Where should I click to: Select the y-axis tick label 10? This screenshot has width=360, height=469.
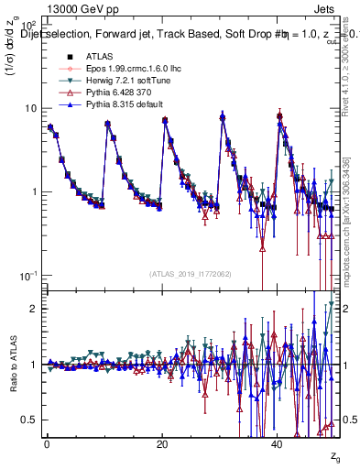30,108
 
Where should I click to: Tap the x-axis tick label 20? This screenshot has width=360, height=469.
162,444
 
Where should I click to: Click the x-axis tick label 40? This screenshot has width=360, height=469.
278,444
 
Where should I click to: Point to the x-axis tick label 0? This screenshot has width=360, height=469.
46,444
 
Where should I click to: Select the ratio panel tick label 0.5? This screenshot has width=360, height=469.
29,420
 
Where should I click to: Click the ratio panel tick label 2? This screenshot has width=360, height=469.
34,309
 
